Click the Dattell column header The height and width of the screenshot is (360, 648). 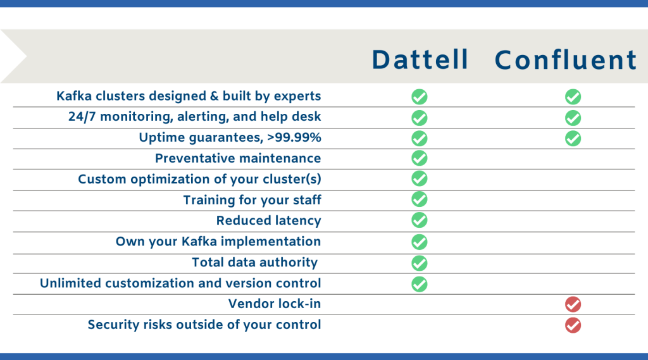[420, 59]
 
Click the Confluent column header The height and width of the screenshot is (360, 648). [566, 59]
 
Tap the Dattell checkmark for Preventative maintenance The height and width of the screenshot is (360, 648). [420, 158]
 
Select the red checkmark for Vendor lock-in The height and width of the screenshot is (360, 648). [573, 304]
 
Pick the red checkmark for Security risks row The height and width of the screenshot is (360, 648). [573, 325]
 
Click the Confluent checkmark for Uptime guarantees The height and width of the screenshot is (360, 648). [573, 138]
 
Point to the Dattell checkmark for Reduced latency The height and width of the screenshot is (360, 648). [420, 220]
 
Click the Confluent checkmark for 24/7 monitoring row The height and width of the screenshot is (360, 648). [573, 118]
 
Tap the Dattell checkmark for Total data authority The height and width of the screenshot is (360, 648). [420, 263]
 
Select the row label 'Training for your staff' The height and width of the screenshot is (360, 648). [252, 200]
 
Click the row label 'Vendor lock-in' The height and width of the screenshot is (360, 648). [275, 304]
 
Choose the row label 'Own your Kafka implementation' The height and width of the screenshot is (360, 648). [218, 242]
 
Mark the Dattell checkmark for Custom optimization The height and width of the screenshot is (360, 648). [420, 179]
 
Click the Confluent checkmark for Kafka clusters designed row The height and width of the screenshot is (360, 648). [573, 97]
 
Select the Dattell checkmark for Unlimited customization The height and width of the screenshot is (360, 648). [420, 283]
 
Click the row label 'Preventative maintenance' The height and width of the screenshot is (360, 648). [238, 158]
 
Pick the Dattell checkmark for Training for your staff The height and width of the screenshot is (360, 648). [420, 199]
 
